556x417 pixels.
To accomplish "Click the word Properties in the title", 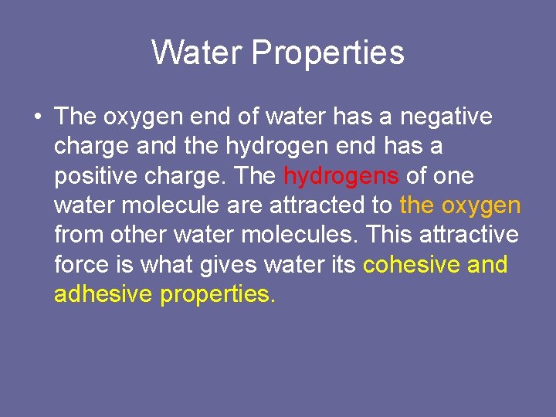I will pos(327,53).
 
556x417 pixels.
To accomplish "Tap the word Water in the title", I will pos(198,53).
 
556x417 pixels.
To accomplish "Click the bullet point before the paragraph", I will pos(37,117).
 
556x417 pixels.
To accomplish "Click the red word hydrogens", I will pos(341,176).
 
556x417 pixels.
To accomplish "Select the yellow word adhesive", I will pos(103,294).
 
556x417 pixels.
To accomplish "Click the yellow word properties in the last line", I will pos(217,295).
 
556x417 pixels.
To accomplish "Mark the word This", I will pos(392,236).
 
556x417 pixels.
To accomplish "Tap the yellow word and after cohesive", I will pos(488,265).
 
